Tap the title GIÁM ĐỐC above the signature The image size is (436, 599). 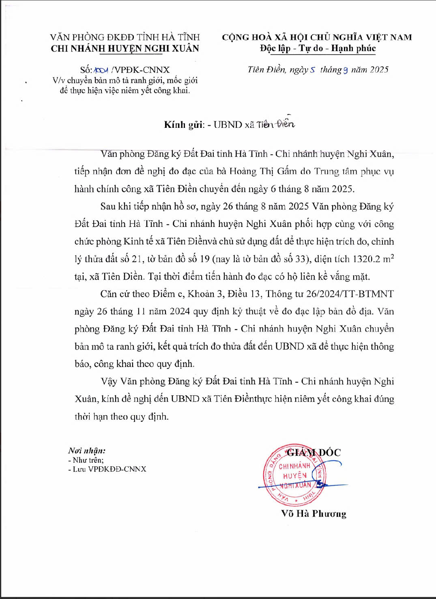(314, 452)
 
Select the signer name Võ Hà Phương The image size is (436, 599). (314, 514)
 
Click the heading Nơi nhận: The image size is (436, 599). (87, 450)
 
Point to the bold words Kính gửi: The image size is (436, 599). (183, 125)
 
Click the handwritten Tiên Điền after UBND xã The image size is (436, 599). (276, 124)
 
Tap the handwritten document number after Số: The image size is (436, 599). (101, 70)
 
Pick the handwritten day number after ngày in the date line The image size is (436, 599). (313, 70)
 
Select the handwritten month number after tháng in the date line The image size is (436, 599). (346, 70)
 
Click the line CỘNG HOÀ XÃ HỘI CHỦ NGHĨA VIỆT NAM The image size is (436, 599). (317, 37)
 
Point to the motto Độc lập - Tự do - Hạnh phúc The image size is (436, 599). (318, 48)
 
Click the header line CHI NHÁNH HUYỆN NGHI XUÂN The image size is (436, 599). (125, 49)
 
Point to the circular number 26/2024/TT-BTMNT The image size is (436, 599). (344, 294)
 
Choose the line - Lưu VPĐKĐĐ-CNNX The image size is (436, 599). (107, 469)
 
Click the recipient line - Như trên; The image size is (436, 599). (86, 460)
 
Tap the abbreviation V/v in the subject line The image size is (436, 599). (58, 80)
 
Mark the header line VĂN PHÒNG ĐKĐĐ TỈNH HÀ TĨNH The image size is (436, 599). (125, 37)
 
